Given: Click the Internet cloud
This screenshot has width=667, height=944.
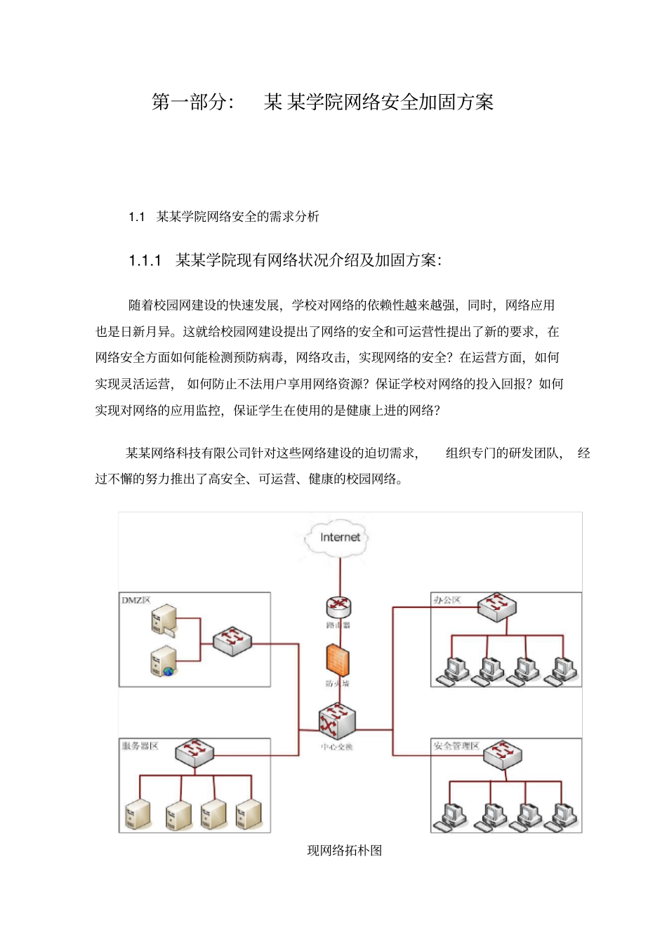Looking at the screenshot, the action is pyautogui.click(x=340, y=538).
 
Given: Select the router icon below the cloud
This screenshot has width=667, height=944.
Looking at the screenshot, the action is pyautogui.click(x=338, y=606).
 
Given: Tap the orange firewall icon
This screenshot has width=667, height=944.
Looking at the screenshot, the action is pyautogui.click(x=338, y=660).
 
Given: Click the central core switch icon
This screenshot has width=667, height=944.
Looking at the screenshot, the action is pyautogui.click(x=338, y=721).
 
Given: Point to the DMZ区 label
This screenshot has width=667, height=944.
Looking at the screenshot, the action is pyautogui.click(x=136, y=600).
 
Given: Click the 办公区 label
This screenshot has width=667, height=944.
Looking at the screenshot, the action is pyautogui.click(x=447, y=600).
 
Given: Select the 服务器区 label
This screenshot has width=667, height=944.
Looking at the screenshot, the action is pyautogui.click(x=140, y=745).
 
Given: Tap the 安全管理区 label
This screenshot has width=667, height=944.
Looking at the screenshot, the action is pyautogui.click(x=456, y=745).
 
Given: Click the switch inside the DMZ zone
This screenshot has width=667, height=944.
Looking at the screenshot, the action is pyautogui.click(x=232, y=641).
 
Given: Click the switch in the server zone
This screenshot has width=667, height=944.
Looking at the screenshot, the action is pyautogui.click(x=194, y=752).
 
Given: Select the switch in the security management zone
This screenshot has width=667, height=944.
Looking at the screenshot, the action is pyautogui.click(x=503, y=754).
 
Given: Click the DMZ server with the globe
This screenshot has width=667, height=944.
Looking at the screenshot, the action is pyautogui.click(x=164, y=661).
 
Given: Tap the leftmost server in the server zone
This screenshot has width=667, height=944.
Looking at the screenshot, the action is pyautogui.click(x=138, y=814).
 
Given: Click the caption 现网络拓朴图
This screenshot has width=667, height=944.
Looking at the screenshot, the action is pyautogui.click(x=344, y=851).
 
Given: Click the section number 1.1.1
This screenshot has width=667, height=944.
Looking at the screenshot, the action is pyautogui.click(x=145, y=261).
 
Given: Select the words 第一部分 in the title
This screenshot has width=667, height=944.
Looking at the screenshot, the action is pyautogui.click(x=190, y=102).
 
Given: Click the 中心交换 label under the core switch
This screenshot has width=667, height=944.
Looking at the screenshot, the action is pyautogui.click(x=337, y=747).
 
